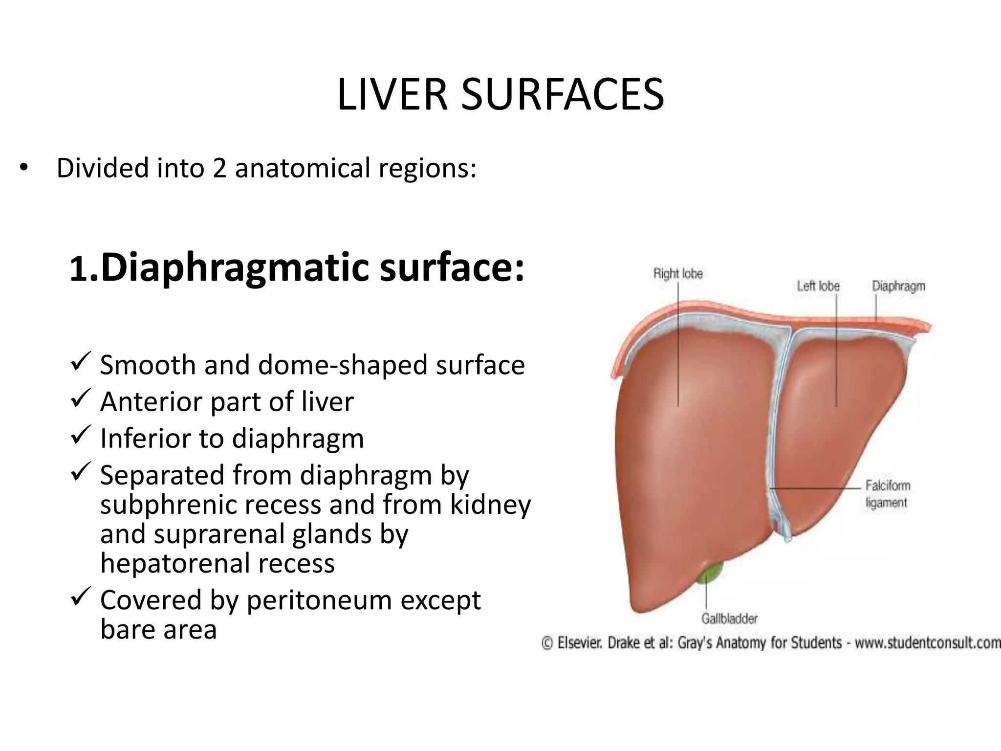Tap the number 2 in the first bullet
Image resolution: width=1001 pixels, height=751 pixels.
219,168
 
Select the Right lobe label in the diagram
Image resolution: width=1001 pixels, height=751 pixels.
678,273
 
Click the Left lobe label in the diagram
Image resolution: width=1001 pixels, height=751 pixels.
818,286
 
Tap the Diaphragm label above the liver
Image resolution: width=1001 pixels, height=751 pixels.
898,286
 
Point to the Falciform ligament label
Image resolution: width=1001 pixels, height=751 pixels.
888,494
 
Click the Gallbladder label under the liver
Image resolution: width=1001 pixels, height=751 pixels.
729,618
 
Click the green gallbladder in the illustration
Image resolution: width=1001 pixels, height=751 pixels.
711,575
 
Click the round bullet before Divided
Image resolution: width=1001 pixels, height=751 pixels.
24,169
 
